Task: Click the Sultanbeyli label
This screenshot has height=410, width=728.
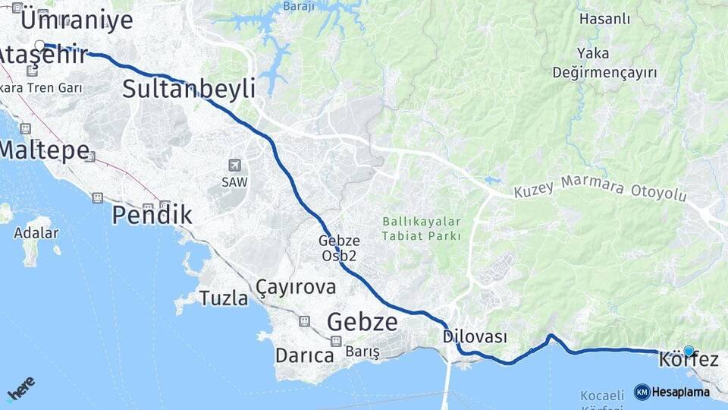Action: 189,89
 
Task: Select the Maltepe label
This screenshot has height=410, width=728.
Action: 44,150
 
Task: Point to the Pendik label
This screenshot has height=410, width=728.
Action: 152,216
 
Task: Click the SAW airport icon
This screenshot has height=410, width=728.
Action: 234,165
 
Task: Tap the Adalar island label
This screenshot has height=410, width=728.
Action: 36,232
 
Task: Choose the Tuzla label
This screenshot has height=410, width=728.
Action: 224,298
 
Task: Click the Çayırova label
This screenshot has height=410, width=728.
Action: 296,287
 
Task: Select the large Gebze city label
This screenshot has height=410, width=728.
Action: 362,322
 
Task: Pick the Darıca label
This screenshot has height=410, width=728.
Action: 305,355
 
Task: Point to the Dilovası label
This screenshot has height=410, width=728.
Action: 475,336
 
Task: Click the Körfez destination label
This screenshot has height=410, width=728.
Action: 689,360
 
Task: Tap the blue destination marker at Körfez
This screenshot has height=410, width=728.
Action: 689,351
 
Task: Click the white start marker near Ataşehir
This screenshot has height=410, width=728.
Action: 39,45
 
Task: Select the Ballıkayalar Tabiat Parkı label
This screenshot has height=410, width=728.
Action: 422,229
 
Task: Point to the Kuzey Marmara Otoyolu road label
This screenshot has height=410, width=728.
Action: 600,188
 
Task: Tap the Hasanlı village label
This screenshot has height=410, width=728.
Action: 604,19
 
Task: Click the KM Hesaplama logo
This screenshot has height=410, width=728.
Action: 672,392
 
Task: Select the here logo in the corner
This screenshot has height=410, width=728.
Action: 20,389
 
